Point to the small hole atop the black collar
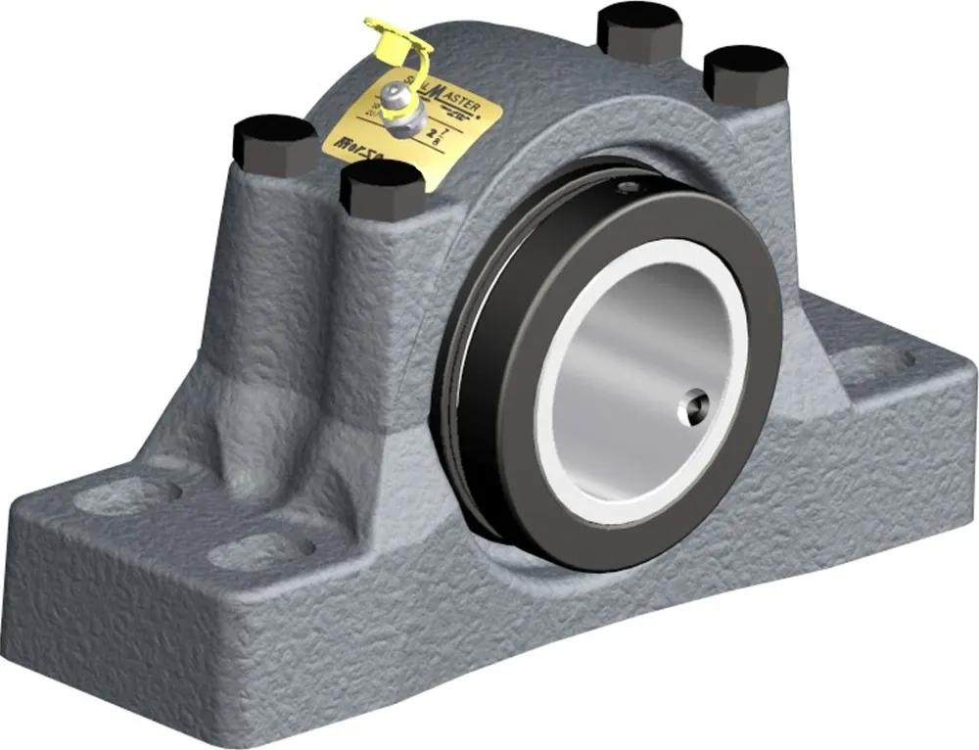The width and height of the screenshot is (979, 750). coord(628,180)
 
